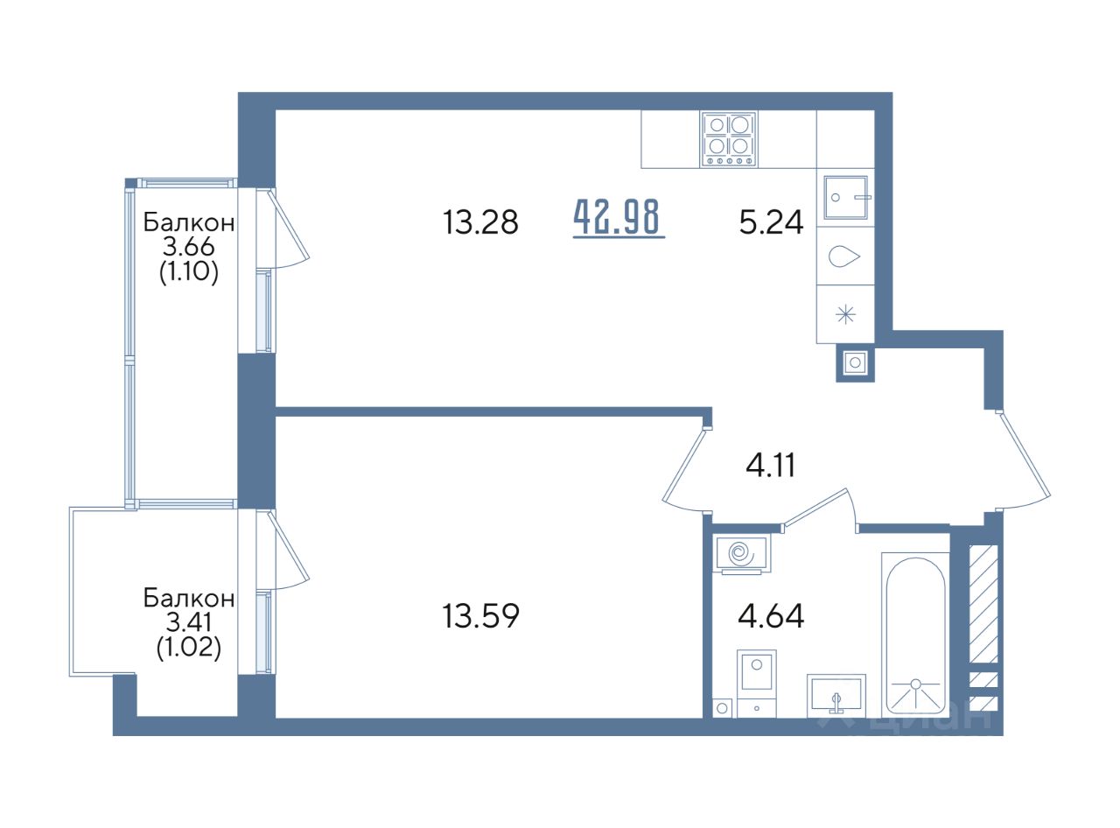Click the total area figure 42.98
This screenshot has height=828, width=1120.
pyautogui.click(x=618, y=218)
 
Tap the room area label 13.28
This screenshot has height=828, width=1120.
pyautogui.click(x=480, y=222)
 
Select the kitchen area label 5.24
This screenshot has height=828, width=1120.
pyautogui.click(x=771, y=222)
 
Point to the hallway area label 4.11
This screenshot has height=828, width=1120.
pyautogui.click(x=770, y=466)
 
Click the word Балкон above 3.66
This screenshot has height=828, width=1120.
pyautogui.click(x=188, y=222)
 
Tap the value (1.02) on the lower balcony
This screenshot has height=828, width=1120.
pyautogui.click(x=188, y=648)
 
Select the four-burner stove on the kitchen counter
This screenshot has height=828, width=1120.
pyautogui.click(x=728, y=139)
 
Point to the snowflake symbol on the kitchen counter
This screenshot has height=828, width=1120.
pyautogui.click(x=845, y=315)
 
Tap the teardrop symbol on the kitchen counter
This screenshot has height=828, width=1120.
pyautogui.click(x=843, y=256)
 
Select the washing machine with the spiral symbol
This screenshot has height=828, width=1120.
pyautogui.click(x=743, y=554)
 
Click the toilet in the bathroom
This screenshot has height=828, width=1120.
pyautogui.click(x=756, y=682)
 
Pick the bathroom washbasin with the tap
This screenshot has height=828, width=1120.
pyautogui.click(x=836, y=696)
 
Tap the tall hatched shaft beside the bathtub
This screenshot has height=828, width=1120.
pyautogui.click(x=983, y=604)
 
